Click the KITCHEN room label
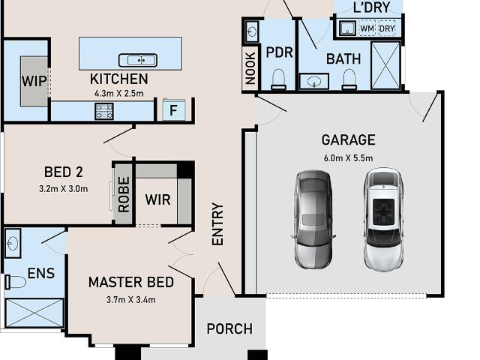(118, 79)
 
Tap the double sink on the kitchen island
(138, 60)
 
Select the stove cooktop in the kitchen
(103, 112)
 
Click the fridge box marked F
(173, 110)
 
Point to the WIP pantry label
(34, 81)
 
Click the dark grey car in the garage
(313, 218)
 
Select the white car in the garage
(383, 218)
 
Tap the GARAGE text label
(348, 139)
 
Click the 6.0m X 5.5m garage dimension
(348, 157)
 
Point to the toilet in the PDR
(278, 78)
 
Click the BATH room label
(343, 58)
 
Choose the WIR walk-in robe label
(157, 200)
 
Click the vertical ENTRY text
(217, 223)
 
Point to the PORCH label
(229, 328)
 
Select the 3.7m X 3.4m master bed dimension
(130, 300)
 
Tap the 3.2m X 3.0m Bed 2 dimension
(63, 188)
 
